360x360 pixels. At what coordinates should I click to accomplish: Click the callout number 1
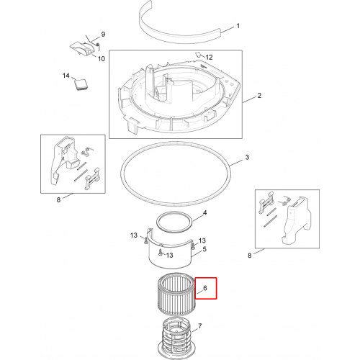coord(238,26)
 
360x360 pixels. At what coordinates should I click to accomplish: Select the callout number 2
coord(259,96)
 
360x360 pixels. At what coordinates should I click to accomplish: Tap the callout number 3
coord(247,157)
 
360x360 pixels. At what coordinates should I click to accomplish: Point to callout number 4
coord(204,213)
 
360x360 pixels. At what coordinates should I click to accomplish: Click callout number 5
coord(204,249)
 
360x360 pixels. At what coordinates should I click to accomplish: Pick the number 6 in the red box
coord(205,288)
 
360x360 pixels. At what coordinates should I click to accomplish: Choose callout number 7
coord(200,326)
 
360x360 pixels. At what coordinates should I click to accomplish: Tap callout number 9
coord(103,34)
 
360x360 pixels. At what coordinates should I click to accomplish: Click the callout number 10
coord(102,58)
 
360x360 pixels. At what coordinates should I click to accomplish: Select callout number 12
coord(209,57)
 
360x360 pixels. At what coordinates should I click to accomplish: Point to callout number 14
coord(66,76)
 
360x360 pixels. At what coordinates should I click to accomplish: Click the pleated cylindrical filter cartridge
coord(176,294)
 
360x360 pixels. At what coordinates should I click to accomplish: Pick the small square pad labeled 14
coord(81,84)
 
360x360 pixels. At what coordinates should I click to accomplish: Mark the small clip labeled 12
coord(198,55)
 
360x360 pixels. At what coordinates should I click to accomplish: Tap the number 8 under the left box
coord(58,199)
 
